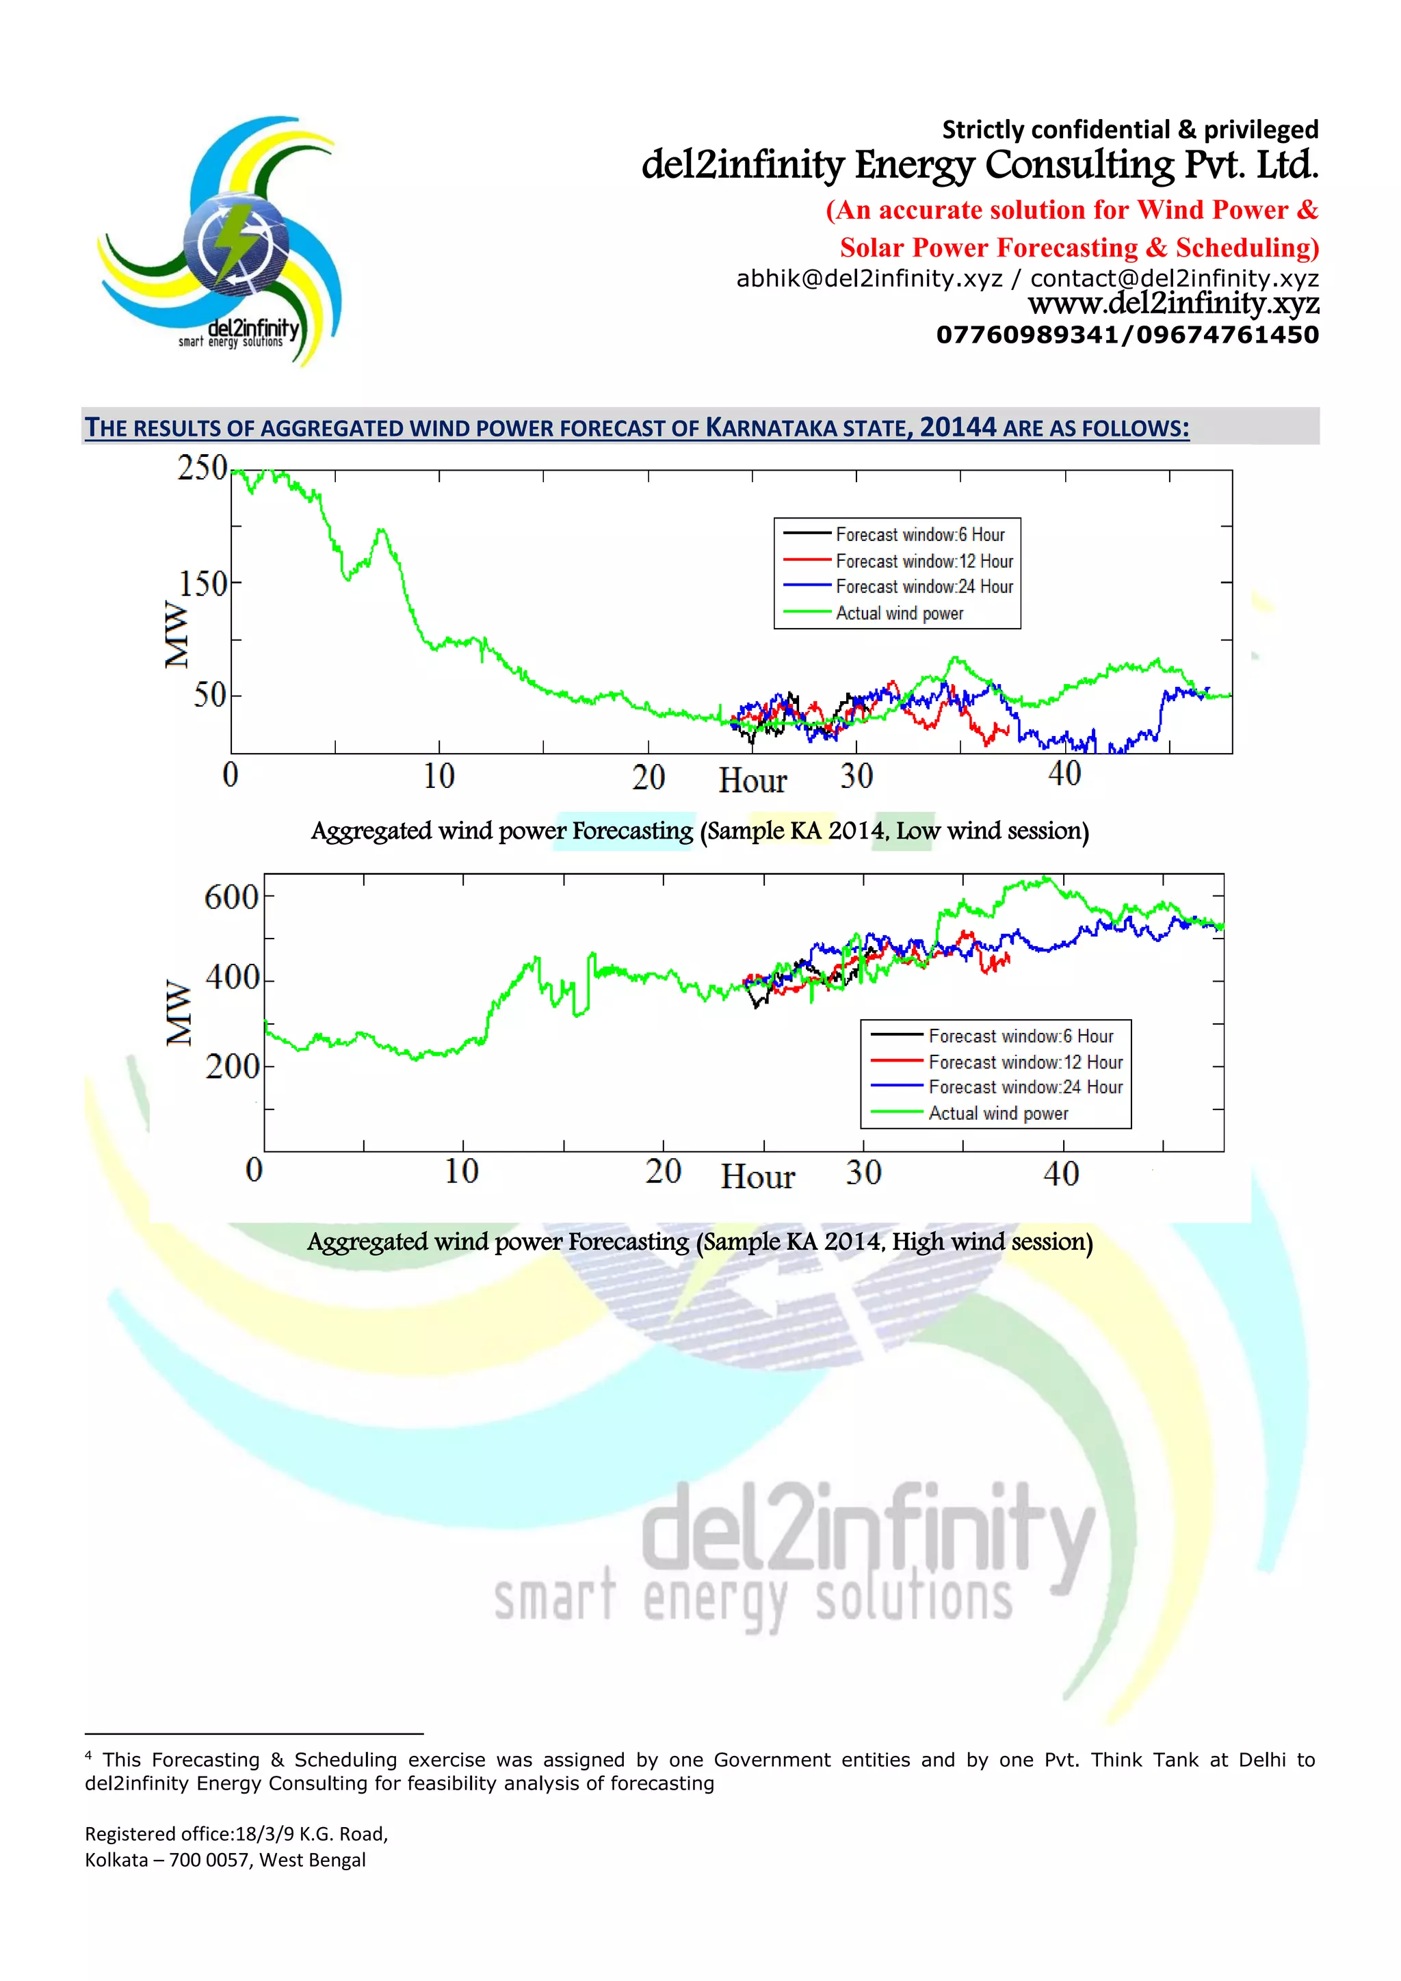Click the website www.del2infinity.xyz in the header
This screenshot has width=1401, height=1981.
[x=1173, y=304]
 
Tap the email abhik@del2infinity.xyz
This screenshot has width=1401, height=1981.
[x=869, y=278]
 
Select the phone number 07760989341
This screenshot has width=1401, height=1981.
[x=1027, y=334]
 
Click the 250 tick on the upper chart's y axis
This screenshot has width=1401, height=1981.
[x=202, y=468]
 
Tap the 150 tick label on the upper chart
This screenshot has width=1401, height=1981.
[x=204, y=584]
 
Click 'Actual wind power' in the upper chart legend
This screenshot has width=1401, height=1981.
[x=899, y=614]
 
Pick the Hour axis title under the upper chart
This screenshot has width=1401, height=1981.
[x=752, y=780]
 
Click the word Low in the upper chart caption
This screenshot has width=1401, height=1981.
[x=918, y=831]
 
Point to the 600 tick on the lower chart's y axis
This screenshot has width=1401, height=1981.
[x=231, y=897]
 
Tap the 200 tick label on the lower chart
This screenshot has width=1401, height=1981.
[x=232, y=1067]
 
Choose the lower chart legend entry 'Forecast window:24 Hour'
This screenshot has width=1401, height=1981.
[x=1025, y=1087]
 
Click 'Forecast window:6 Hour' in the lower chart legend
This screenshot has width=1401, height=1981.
[x=1021, y=1036]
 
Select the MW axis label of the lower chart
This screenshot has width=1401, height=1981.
[x=179, y=1012]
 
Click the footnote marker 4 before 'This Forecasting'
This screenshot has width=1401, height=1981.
[x=88, y=1756]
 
